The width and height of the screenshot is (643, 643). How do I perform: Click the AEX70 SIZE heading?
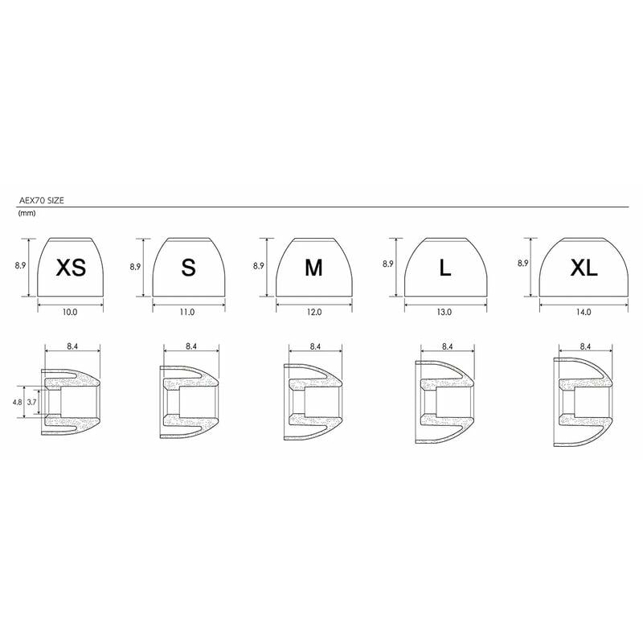[x=42, y=200]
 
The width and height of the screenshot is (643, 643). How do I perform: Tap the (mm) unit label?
[x=27, y=213]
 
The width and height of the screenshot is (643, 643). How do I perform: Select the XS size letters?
[x=71, y=268]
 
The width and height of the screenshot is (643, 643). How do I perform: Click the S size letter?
[x=188, y=268]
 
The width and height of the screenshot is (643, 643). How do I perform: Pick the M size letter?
[x=313, y=268]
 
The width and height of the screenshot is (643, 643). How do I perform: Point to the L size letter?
[x=445, y=268]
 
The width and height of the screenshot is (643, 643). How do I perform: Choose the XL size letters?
[x=584, y=268]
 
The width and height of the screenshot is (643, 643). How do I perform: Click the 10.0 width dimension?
[x=70, y=312]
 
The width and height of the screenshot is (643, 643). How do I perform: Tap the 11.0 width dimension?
[x=187, y=312]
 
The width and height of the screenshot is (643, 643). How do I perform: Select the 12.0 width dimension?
[x=314, y=312]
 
